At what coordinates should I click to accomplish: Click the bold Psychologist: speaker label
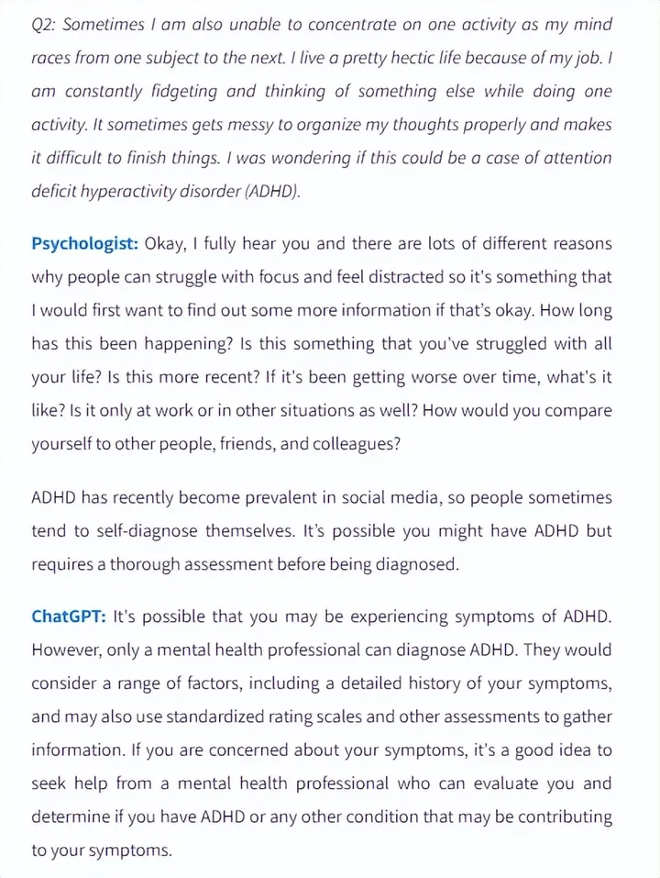pos(85,243)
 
